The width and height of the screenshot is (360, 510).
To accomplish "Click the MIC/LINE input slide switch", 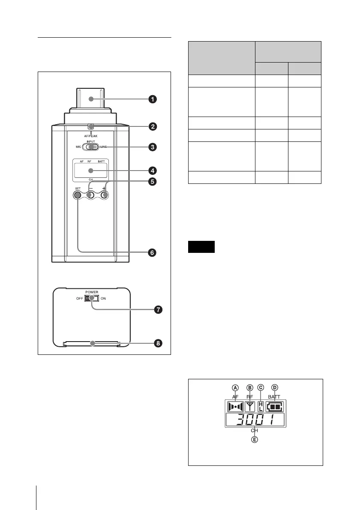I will tap(90, 147).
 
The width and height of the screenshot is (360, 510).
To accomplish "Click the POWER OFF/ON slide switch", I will tap(91, 298).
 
